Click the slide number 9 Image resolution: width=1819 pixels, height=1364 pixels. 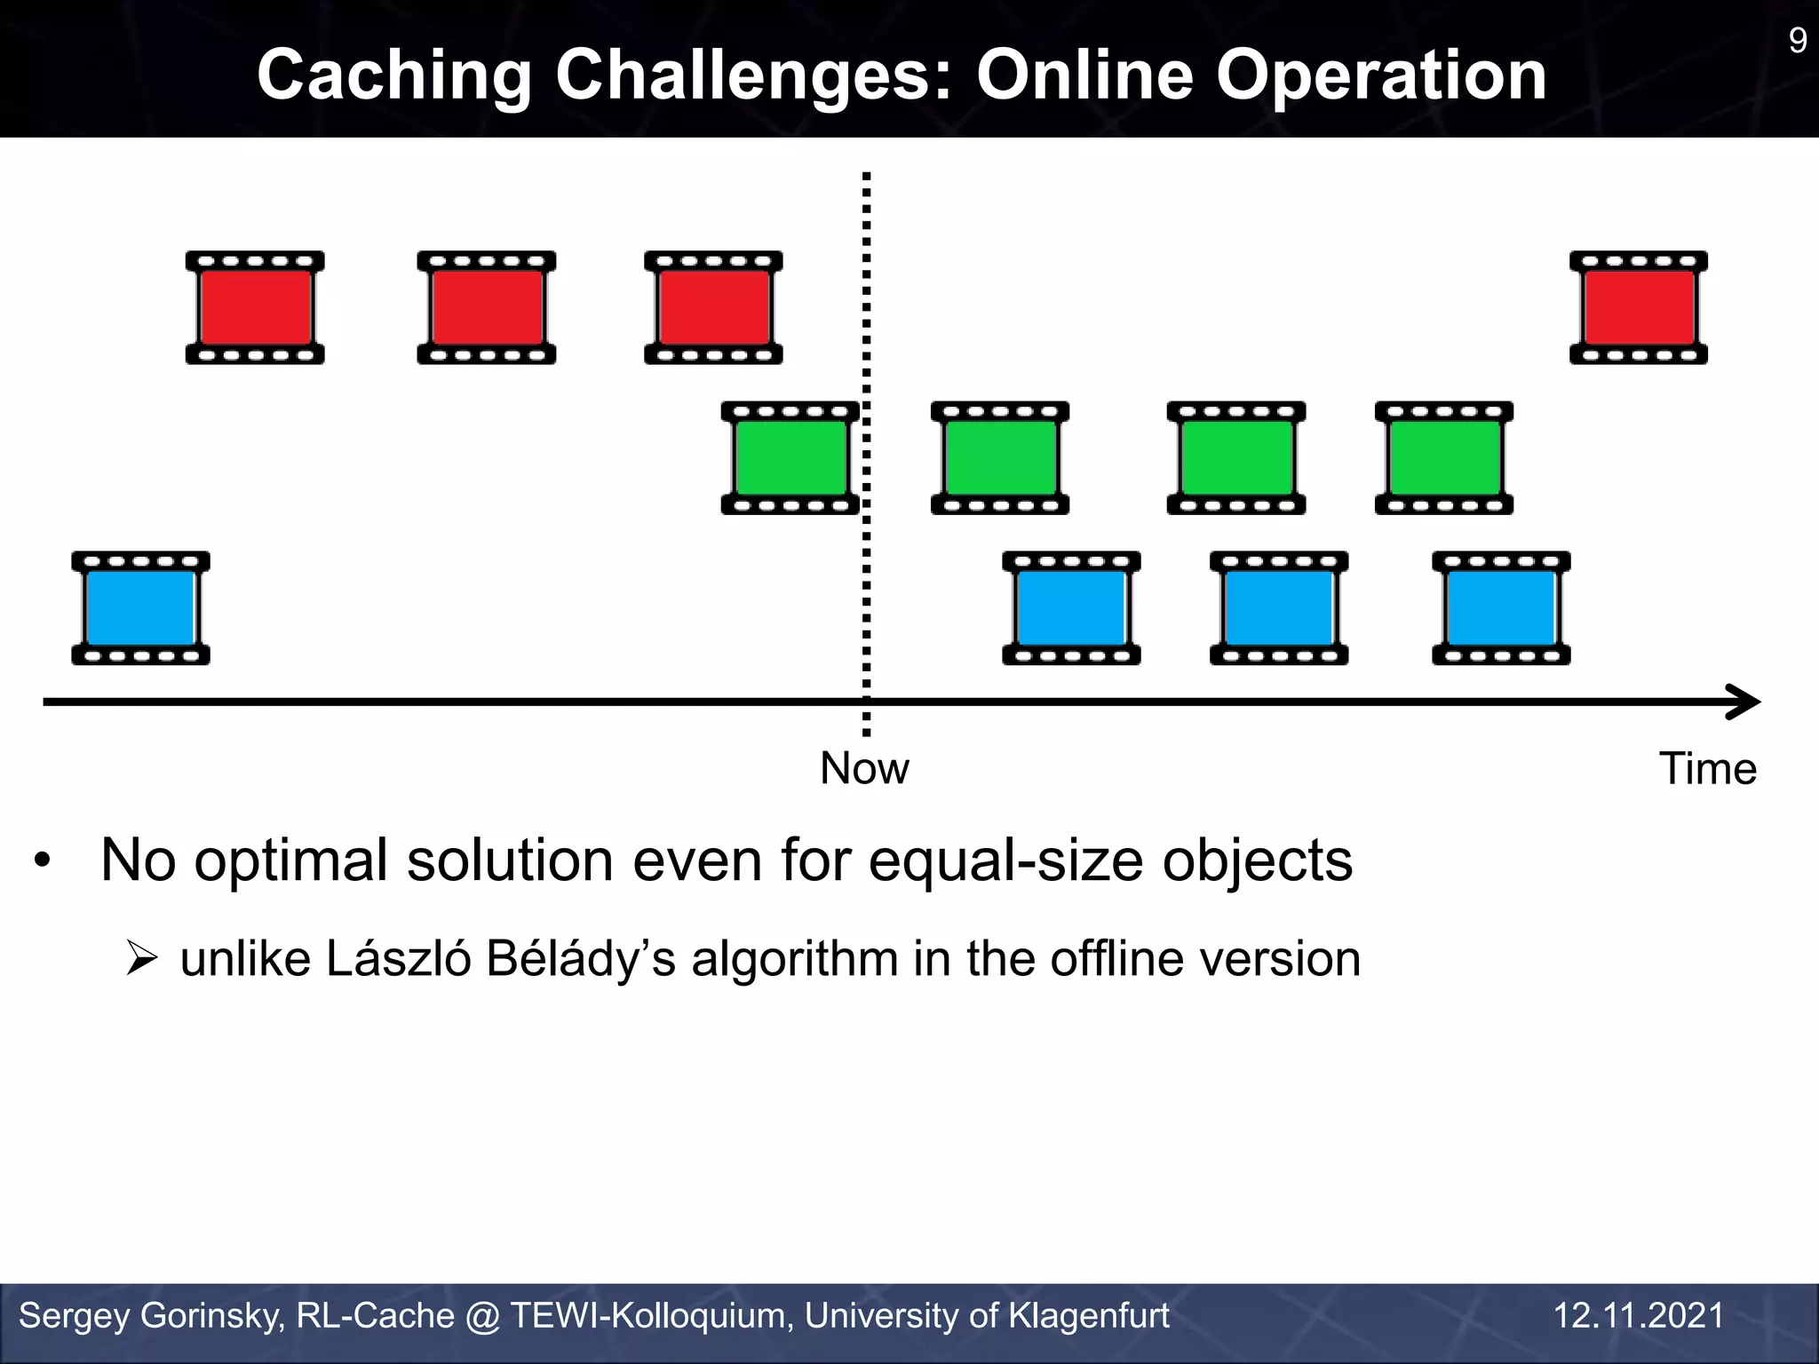tap(1797, 40)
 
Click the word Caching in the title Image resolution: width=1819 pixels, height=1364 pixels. tap(393, 75)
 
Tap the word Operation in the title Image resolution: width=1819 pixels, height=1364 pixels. tap(1381, 75)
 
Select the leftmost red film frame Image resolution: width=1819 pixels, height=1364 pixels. tap(255, 307)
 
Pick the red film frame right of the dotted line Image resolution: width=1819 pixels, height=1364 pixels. tap(1639, 307)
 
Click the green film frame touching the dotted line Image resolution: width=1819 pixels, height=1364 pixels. tap(790, 457)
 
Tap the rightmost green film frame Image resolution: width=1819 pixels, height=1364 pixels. tap(1444, 457)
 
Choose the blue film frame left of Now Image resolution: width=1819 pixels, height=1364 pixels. tap(140, 607)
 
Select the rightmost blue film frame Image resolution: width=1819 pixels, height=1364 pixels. tap(1501, 607)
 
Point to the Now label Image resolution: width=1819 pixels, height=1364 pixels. tap(864, 768)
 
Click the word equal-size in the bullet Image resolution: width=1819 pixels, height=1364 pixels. tap(1005, 861)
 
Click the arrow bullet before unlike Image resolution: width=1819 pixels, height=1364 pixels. tap(142, 959)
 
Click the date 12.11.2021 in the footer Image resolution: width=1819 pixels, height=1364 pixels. tap(1638, 1315)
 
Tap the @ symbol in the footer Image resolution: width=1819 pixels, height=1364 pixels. tap(482, 1316)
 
